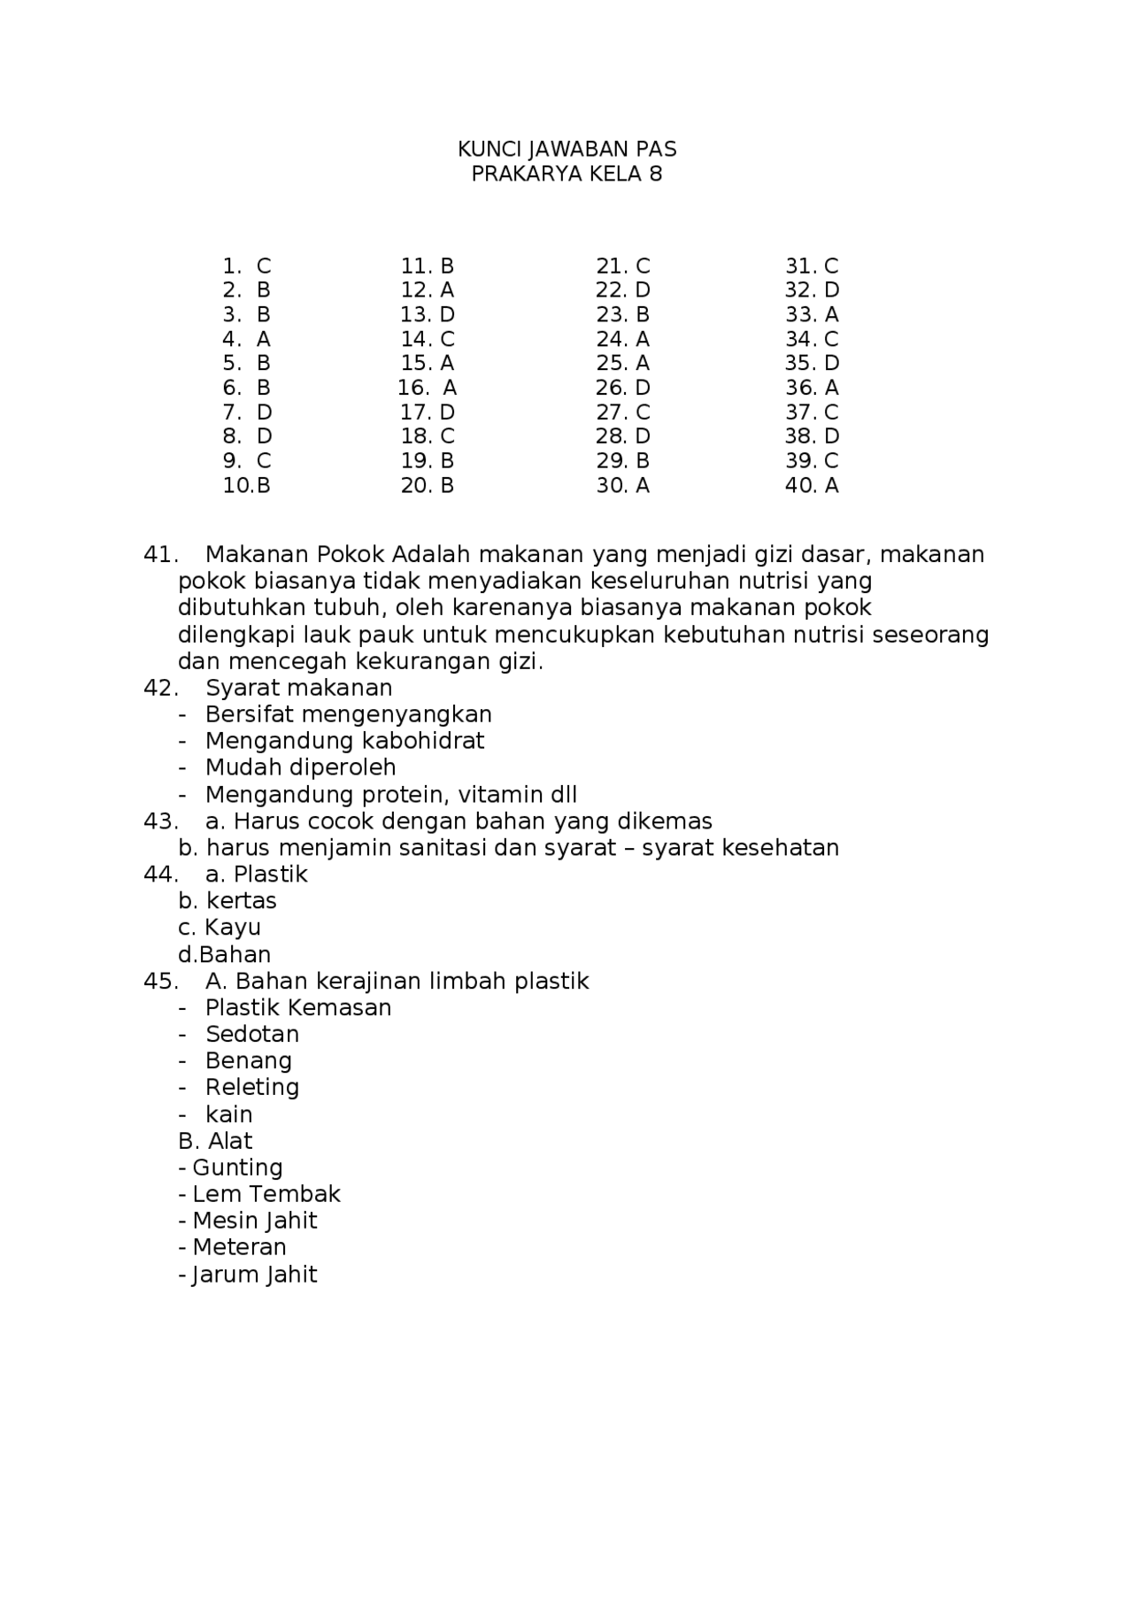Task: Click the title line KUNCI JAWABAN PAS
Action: tap(566, 149)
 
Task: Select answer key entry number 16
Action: tap(427, 388)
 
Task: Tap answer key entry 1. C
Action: tap(247, 266)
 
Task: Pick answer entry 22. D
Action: tap(622, 290)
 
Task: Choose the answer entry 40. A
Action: tap(811, 485)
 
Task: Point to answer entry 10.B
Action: tap(246, 485)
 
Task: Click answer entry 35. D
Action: tap(811, 363)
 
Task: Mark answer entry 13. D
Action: tap(427, 315)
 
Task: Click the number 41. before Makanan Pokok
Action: tap(160, 555)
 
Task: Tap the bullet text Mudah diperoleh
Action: tap(300, 767)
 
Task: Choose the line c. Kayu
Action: tap(220, 928)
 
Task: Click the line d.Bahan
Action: tap(224, 954)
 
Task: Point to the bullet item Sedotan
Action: tap(252, 1034)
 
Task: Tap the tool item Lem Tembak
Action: tap(266, 1194)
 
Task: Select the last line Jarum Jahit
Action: tap(253, 1275)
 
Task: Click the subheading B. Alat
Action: tap(215, 1141)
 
